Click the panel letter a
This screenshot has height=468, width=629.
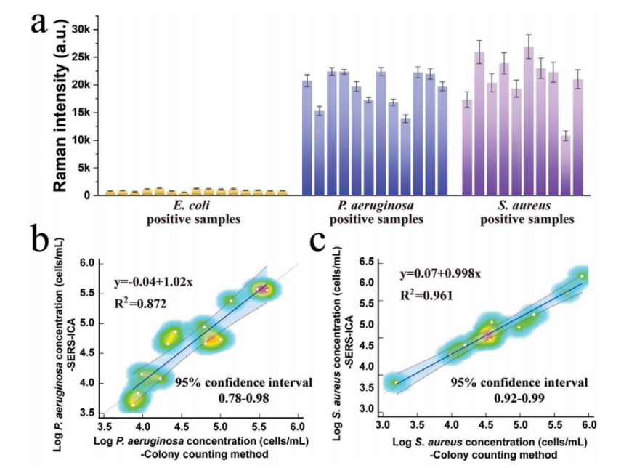click(42, 25)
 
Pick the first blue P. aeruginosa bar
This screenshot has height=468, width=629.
click(307, 137)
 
